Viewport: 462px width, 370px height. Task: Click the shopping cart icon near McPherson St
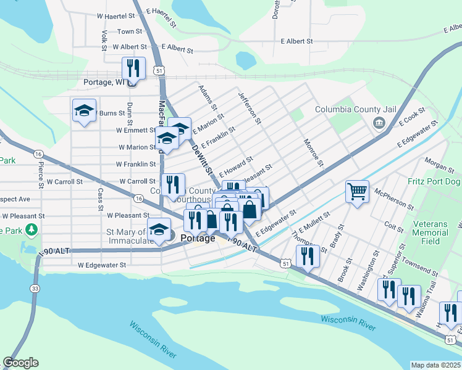pos(357,192)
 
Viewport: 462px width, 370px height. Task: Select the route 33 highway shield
pos(35,289)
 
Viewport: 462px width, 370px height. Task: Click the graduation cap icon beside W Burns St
pos(85,111)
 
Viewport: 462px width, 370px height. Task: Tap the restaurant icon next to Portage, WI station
pos(133,68)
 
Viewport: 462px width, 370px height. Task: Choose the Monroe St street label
pos(313,152)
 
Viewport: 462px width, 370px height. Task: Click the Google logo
pos(21,363)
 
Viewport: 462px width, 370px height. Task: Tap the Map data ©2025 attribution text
pos(435,365)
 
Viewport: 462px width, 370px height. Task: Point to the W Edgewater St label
pos(101,265)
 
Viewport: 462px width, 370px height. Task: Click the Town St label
pos(130,31)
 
